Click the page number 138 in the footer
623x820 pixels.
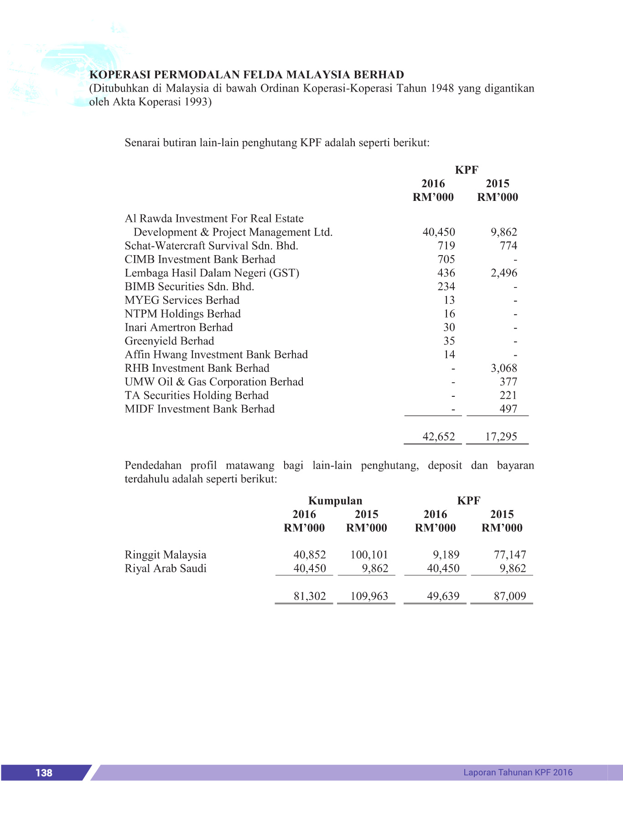44,773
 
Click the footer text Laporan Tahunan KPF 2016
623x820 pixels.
518,772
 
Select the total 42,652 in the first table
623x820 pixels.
439,436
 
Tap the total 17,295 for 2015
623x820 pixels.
501,436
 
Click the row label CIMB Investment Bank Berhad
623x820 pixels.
200,259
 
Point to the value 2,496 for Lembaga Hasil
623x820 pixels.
504,273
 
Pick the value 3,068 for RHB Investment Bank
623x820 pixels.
504,368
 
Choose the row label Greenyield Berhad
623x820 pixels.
169,341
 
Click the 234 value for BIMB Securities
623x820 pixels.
446,287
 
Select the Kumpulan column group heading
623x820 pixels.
335,501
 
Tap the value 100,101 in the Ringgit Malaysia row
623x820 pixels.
369,555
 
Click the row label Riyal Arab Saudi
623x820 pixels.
166,569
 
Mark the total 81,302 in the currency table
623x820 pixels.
310,596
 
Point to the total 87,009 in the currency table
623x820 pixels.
510,596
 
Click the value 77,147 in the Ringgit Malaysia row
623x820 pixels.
510,555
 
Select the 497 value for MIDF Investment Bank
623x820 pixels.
508,409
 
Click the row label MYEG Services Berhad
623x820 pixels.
182,300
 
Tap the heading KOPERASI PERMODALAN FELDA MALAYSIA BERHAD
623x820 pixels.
247,75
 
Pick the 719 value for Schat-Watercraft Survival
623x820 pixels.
446,246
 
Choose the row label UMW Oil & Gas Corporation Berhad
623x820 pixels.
214,382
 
